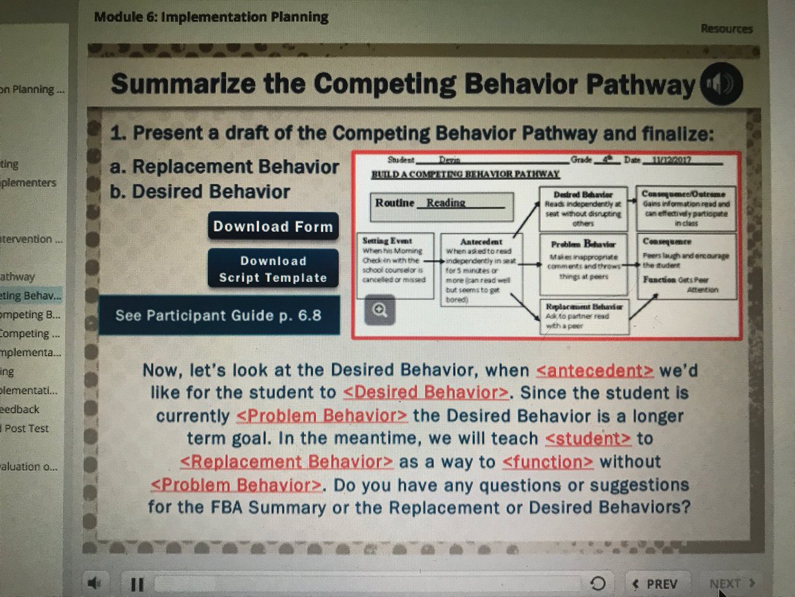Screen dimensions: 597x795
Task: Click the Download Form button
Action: click(273, 226)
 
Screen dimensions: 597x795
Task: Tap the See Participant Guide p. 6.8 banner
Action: click(219, 315)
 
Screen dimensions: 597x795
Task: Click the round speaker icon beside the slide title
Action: click(721, 85)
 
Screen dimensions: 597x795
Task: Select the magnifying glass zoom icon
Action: click(380, 309)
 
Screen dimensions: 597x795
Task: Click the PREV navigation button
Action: click(655, 584)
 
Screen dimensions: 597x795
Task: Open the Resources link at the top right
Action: click(726, 29)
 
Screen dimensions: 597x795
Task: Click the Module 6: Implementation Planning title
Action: click(211, 17)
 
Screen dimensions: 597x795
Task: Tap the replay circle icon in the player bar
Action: click(597, 584)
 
